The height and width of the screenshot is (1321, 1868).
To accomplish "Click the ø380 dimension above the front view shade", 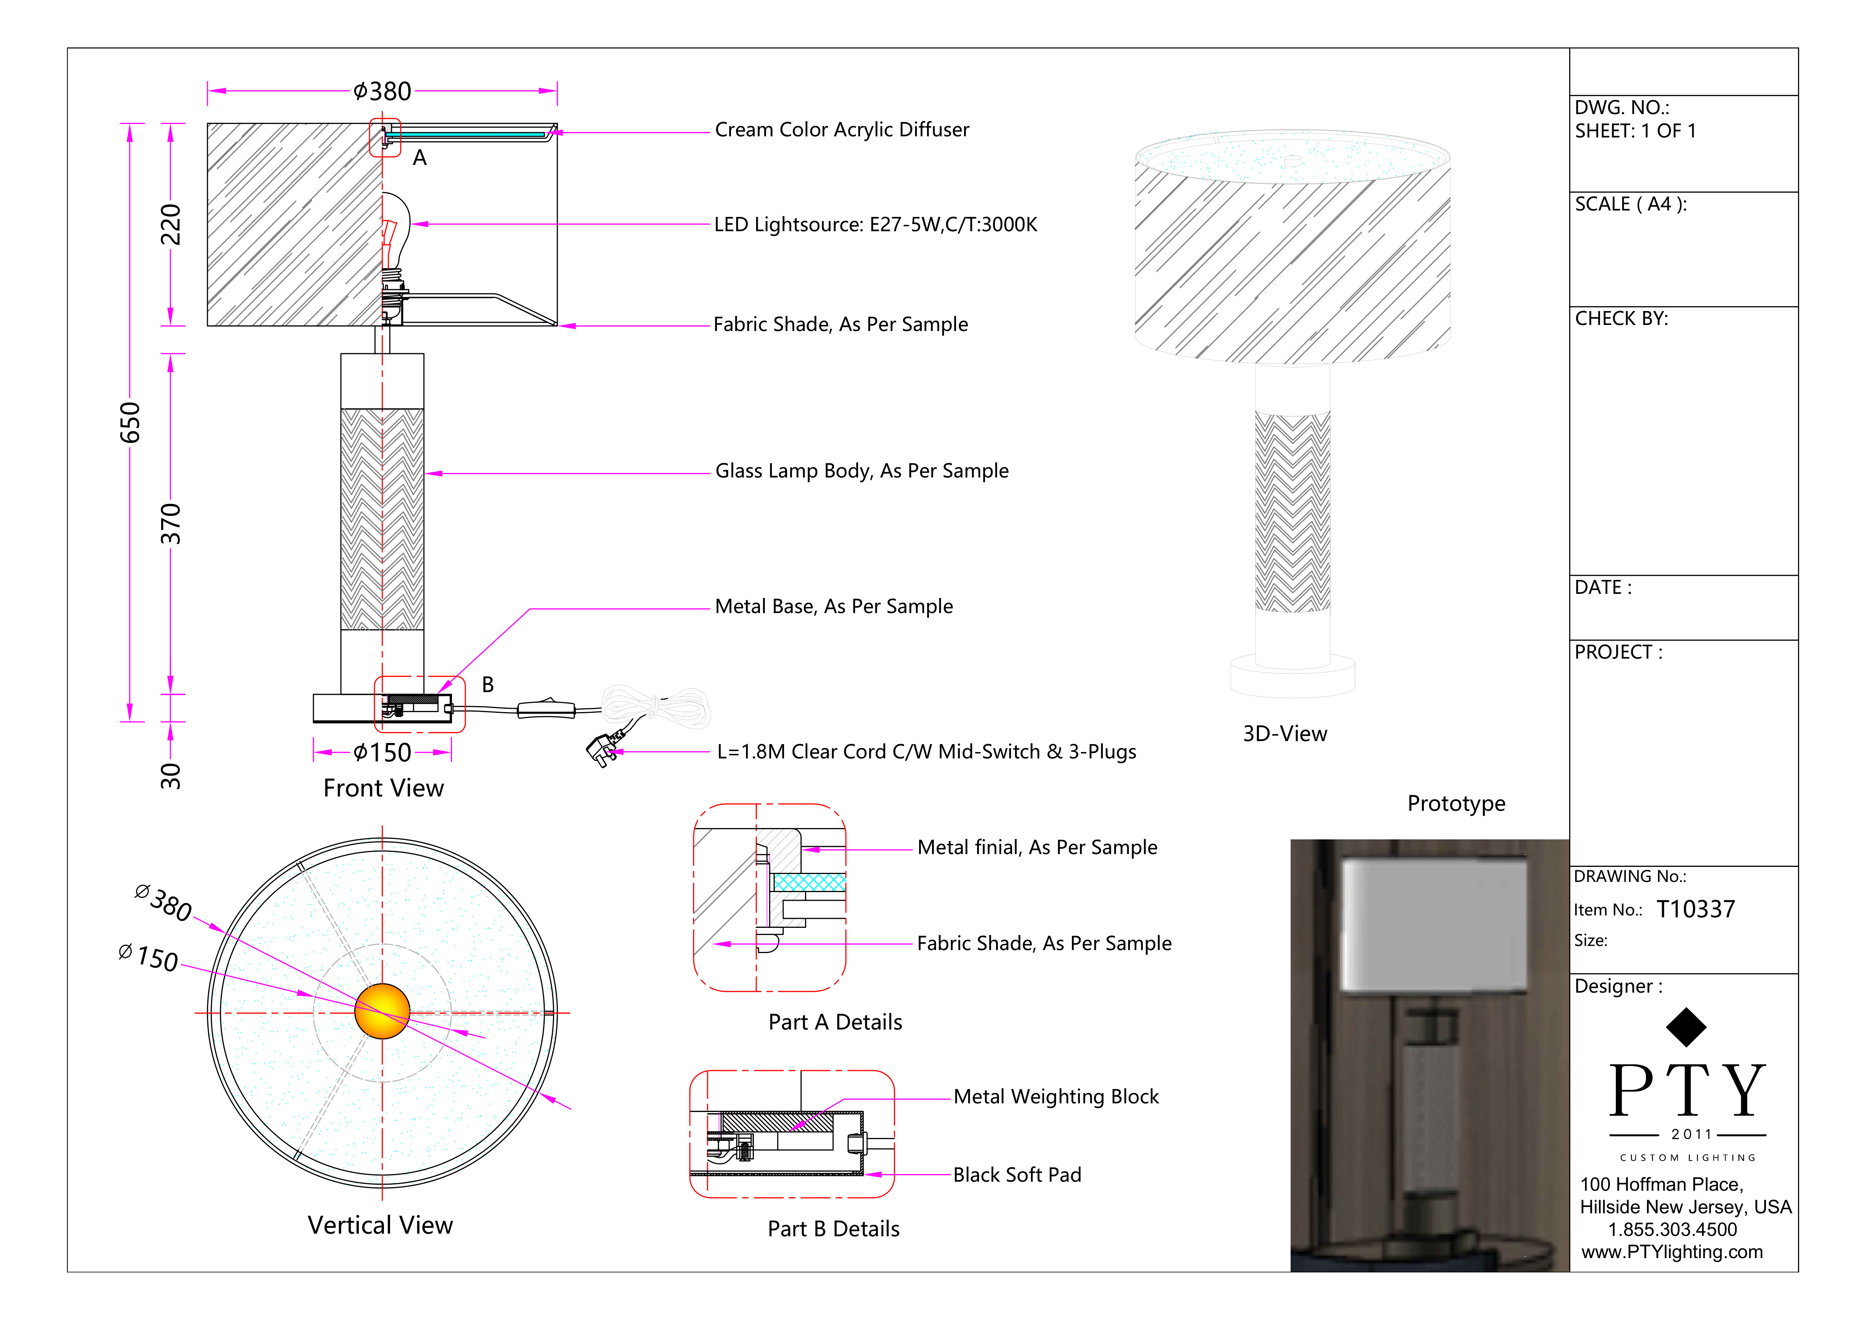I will pyautogui.click(x=382, y=91).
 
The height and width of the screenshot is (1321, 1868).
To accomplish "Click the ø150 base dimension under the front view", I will pyautogui.click(x=382, y=753).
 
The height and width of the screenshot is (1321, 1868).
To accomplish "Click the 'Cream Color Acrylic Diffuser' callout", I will pyautogui.click(x=841, y=130).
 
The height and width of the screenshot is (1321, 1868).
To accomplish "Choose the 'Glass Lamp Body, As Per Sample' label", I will pyautogui.click(x=862, y=471).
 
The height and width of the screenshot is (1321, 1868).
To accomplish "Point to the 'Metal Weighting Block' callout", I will pyautogui.click(x=1055, y=1097).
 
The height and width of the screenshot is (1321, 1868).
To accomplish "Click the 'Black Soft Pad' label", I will pyautogui.click(x=1017, y=1175).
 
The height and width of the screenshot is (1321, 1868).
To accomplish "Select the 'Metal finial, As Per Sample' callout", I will pyautogui.click(x=1037, y=848).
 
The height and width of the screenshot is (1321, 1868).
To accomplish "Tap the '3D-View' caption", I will pyautogui.click(x=1285, y=734).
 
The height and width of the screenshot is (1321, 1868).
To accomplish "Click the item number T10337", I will pyautogui.click(x=1696, y=910).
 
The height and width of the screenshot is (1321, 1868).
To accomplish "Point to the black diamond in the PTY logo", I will pyautogui.click(x=1686, y=1027).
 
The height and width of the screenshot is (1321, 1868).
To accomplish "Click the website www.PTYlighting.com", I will pyautogui.click(x=1672, y=1252).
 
